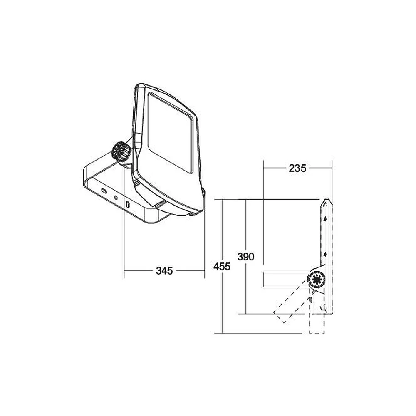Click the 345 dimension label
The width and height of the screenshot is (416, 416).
pyautogui.click(x=164, y=271)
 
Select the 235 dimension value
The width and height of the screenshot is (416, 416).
pyautogui.click(x=297, y=168)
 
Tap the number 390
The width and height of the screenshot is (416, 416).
pyautogui.click(x=246, y=257)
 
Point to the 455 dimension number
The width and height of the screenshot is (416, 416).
pyautogui.click(x=222, y=266)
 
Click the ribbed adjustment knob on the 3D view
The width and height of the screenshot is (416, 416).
pyautogui.click(x=121, y=151)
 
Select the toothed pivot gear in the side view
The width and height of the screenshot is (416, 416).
pyautogui.click(x=316, y=280)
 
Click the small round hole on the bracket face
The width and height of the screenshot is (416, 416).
pyautogui.click(x=115, y=197)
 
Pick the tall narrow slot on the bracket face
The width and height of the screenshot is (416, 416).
pyautogui.click(x=128, y=205)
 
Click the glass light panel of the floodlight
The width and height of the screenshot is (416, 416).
pyautogui.click(x=170, y=133)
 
